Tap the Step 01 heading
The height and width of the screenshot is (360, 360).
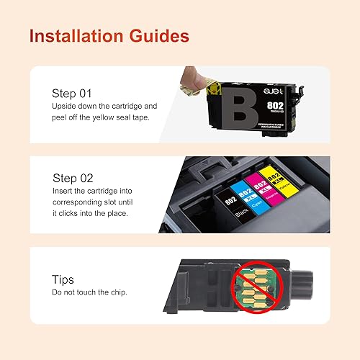click(73, 93)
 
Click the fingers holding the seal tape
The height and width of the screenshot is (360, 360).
click(191, 76)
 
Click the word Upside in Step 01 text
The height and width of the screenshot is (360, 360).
click(65, 107)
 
